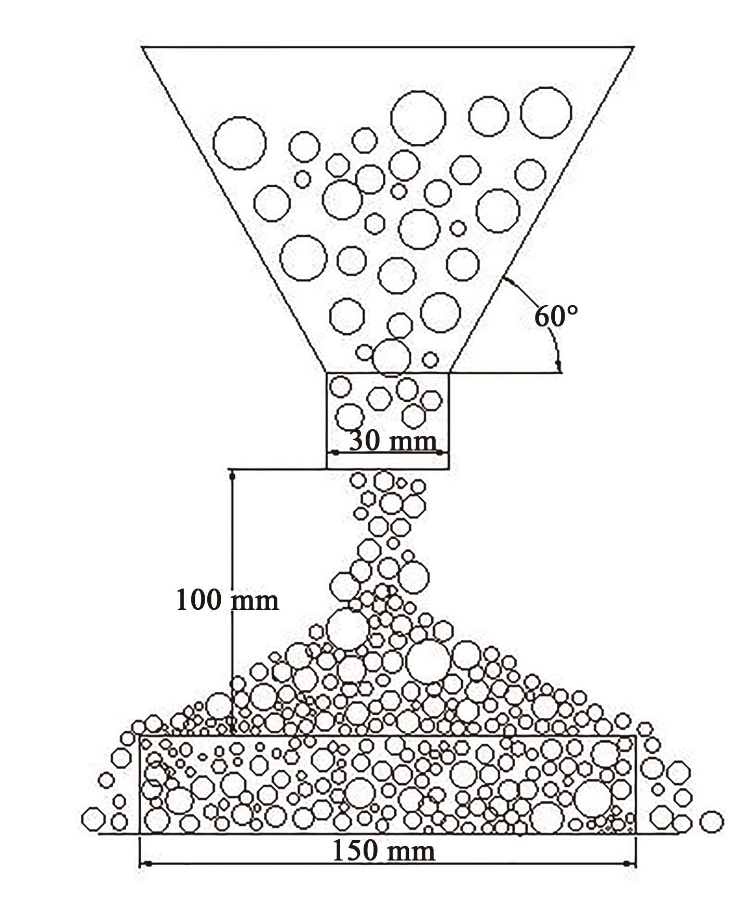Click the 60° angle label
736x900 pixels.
556,316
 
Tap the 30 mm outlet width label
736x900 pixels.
392,441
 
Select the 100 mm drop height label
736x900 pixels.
227,600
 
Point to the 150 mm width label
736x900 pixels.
383,852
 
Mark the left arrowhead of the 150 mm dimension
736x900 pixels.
147,864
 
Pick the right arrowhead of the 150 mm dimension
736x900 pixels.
629,864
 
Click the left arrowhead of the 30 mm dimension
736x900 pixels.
334,453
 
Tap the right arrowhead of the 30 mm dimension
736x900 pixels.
441,453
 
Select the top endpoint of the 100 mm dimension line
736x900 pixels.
232,473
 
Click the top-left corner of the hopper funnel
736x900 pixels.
143,47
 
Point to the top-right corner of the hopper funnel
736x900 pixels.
634,47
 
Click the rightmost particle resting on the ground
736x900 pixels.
711,822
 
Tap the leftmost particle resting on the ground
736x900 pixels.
93,819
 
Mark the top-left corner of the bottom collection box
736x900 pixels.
140,735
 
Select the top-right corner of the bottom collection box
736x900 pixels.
636,735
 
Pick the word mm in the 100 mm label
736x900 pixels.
254,601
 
